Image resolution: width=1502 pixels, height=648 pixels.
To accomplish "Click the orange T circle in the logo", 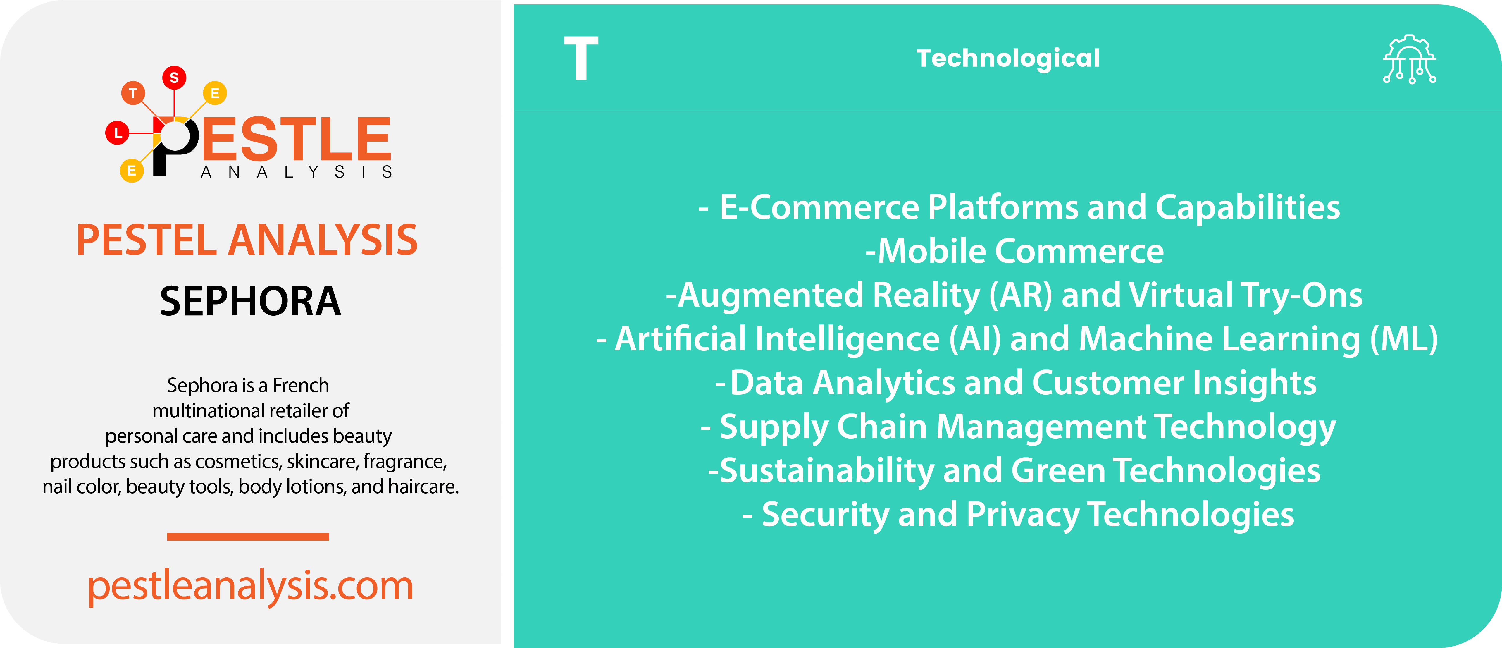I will pyautogui.click(x=133, y=93).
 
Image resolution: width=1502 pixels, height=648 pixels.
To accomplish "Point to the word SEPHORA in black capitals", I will pyautogui.click(x=250, y=302).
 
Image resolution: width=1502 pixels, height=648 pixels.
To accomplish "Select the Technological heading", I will pyautogui.click(x=1008, y=58).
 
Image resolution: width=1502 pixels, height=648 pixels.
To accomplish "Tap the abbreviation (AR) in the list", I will pyautogui.click(x=1020, y=295).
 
